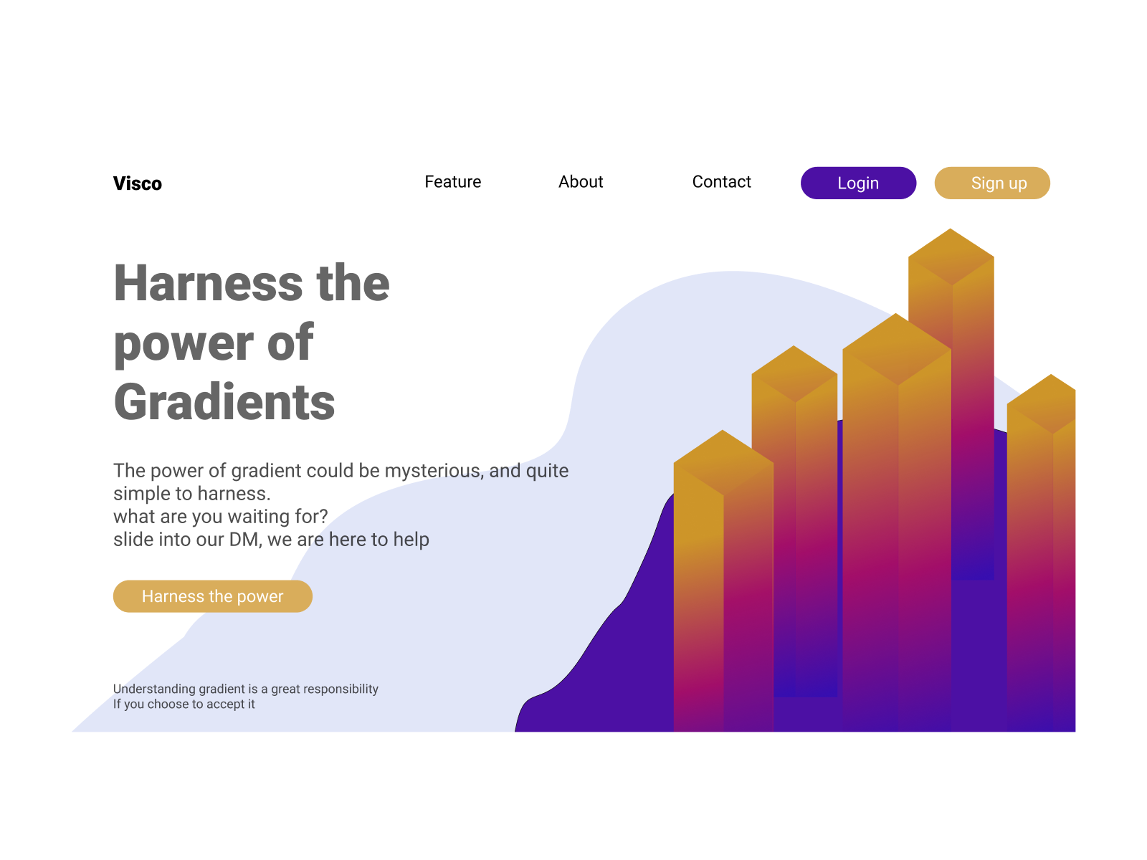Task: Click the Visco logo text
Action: pyautogui.click(x=138, y=183)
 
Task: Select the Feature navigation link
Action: pyautogui.click(x=452, y=182)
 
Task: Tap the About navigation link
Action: pyautogui.click(x=581, y=182)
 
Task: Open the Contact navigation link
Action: pyautogui.click(x=721, y=182)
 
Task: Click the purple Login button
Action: pyautogui.click(x=858, y=183)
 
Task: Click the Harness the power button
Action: pyautogui.click(x=213, y=596)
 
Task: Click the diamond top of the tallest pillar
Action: pyautogui.click(x=951, y=257)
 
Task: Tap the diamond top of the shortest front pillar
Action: pyautogui.click(x=723, y=462)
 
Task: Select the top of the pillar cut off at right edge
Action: pyautogui.click(x=1041, y=403)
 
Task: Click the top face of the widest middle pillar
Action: pyautogui.click(x=897, y=349)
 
